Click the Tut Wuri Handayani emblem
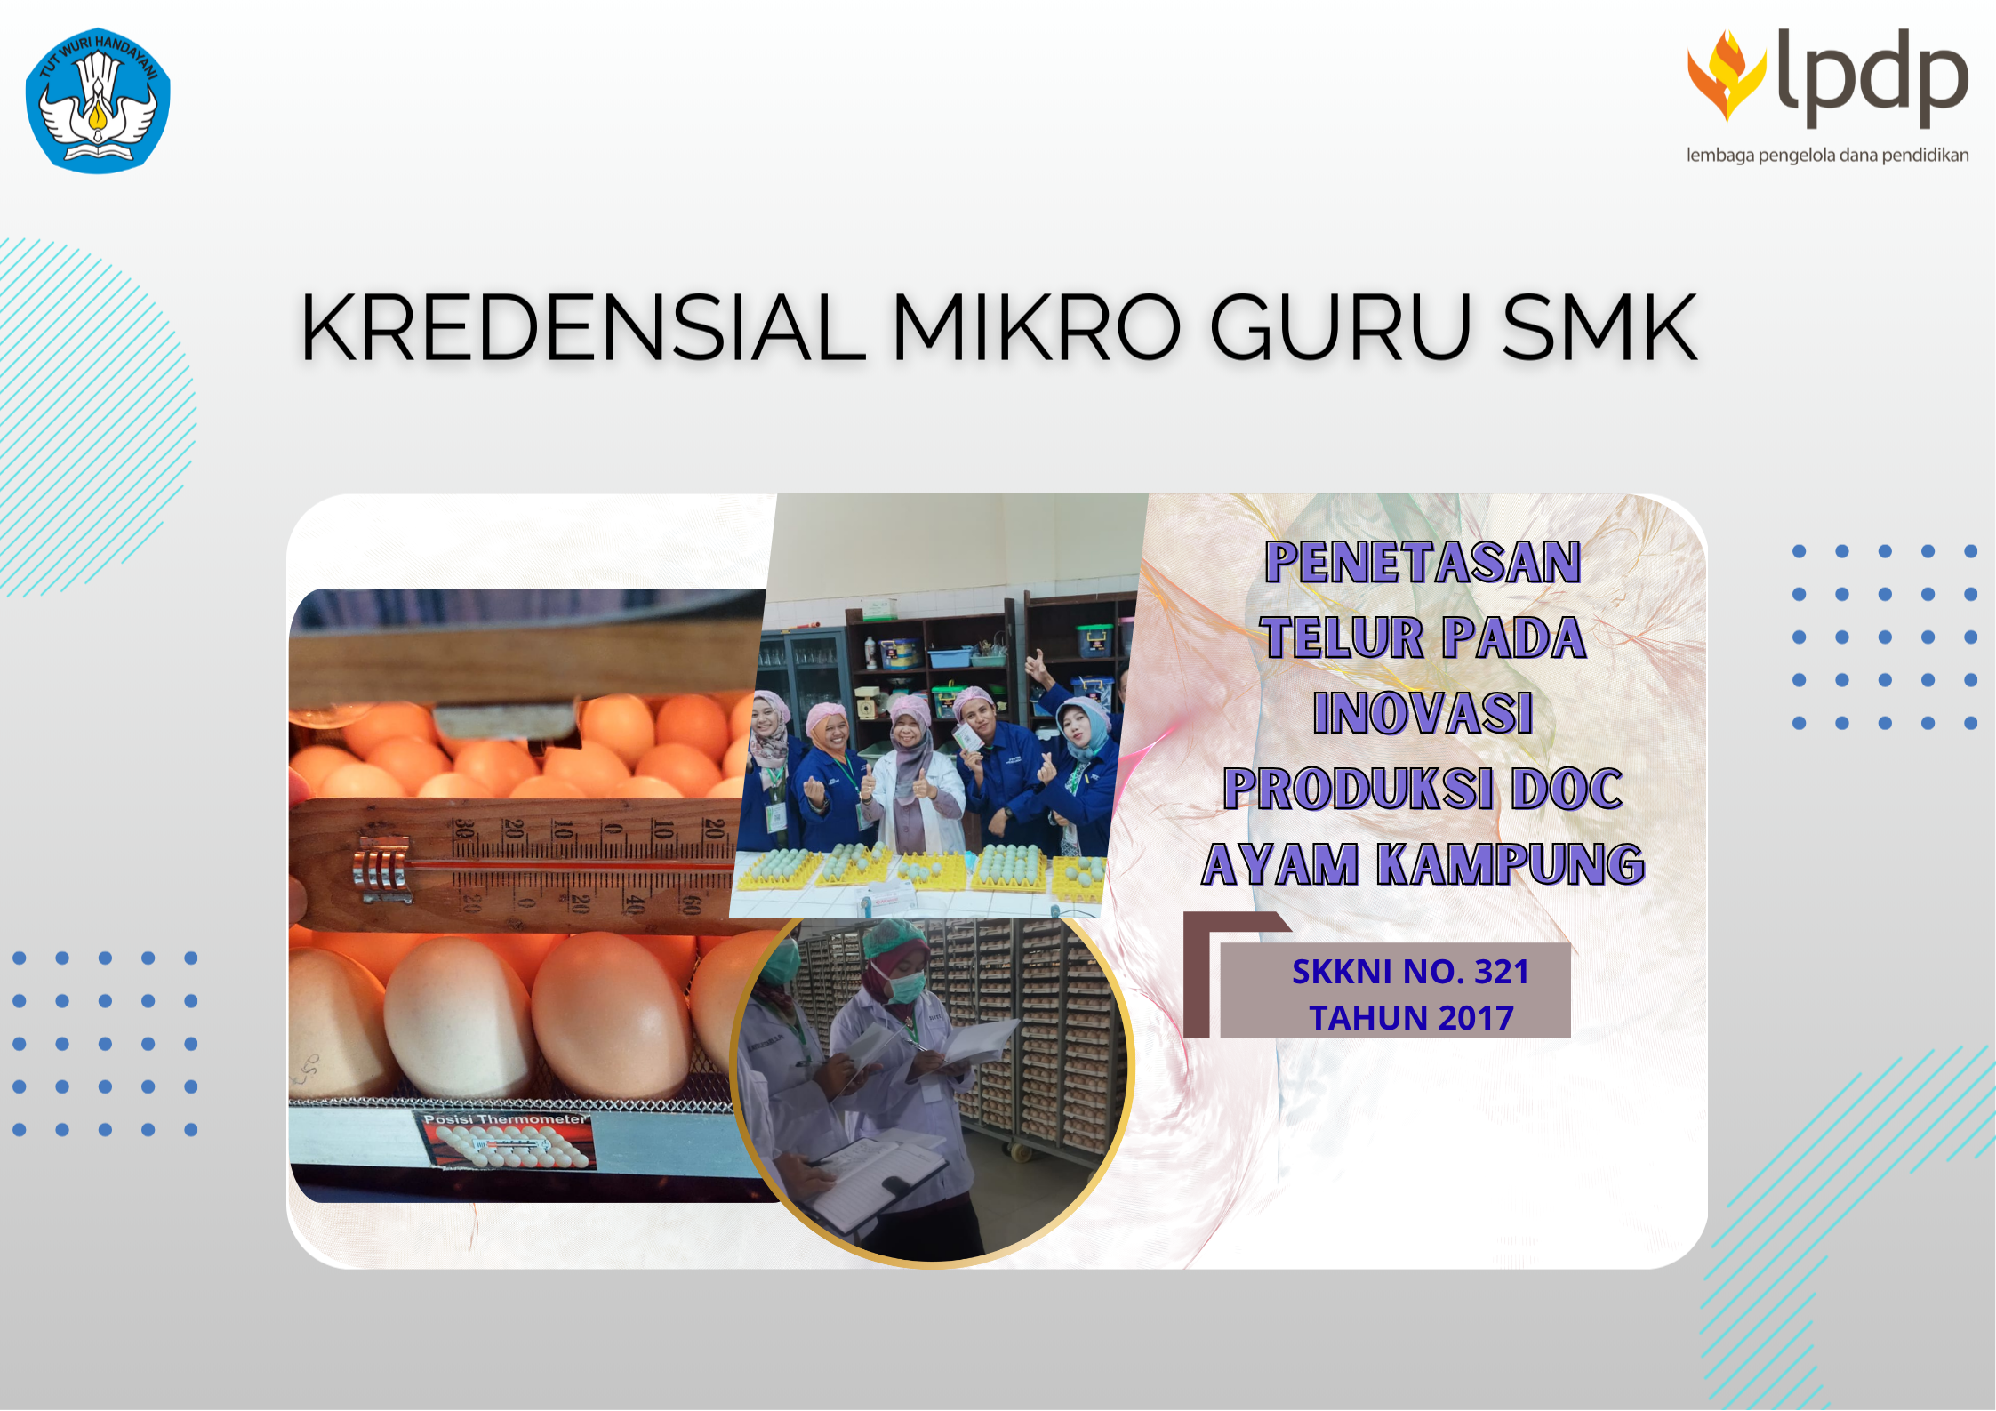click(x=98, y=100)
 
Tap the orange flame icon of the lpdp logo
click(x=1726, y=75)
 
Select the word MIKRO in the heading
click(x=1037, y=328)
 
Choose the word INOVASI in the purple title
click(x=1423, y=713)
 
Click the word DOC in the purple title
click(x=1567, y=789)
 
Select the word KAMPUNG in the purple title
click(x=1511, y=864)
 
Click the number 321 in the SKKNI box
click(x=1502, y=972)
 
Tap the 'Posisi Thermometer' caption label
click(x=504, y=1119)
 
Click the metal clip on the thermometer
click(x=383, y=868)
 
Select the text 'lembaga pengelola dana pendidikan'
click(x=1827, y=156)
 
